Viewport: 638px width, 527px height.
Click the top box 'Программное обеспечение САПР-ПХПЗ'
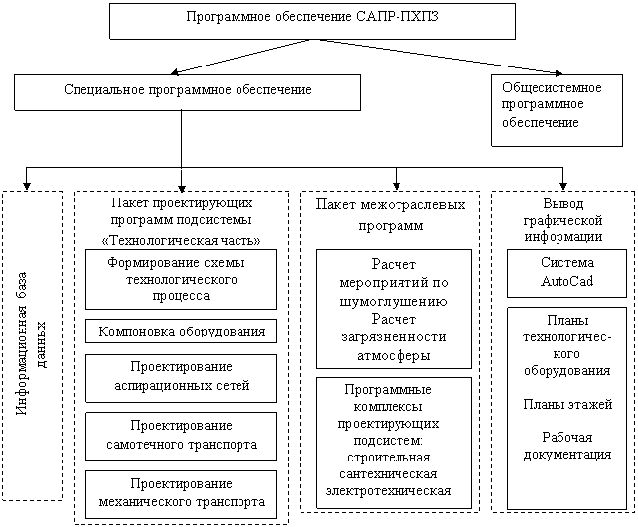coord(312,21)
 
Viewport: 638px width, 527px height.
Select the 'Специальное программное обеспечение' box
coord(187,92)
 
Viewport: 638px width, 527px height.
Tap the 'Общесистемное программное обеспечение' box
coord(558,110)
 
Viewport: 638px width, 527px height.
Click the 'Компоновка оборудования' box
coord(181,331)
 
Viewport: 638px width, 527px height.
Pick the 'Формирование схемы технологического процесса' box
coord(181,280)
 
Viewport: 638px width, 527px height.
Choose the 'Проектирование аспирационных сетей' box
coord(181,378)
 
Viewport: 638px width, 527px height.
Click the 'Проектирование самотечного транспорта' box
coord(181,437)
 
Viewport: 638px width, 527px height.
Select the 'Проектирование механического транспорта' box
coord(181,494)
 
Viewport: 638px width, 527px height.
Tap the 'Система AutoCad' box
coord(566,274)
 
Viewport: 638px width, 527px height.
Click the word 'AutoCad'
coord(566,281)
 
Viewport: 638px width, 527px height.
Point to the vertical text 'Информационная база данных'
coord(32,343)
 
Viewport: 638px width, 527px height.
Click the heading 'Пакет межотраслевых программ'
coord(391,215)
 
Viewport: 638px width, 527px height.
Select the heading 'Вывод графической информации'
coord(563,220)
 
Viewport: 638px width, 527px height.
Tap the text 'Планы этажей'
coord(567,404)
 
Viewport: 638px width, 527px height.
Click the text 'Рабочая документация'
coord(567,446)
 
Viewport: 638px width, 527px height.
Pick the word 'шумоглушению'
coord(394,301)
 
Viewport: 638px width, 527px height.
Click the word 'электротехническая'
coord(389,491)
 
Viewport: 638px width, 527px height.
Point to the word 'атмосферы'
coord(394,355)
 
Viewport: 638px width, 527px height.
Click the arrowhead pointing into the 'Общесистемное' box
coord(559,73)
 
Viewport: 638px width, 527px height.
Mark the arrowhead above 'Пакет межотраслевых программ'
coord(396,186)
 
